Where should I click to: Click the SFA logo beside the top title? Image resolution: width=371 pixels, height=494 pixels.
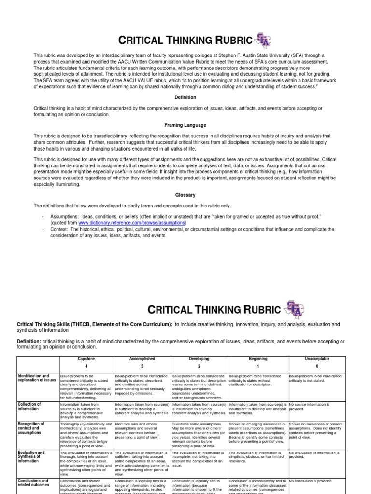(x=264, y=41)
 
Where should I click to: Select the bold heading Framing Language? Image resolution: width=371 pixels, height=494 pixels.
(x=185, y=125)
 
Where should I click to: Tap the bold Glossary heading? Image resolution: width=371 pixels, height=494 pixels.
(x=185, y=195)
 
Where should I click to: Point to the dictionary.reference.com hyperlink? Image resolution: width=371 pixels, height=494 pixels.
(x=132, y=223)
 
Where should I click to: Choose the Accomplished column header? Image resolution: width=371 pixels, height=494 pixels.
(x=142, y=359)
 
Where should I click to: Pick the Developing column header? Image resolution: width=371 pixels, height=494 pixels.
(x=199, y=359)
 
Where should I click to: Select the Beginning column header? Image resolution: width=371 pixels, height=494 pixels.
(x=257, y=359)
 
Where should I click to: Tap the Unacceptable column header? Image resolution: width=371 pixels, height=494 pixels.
(x=317, y=359)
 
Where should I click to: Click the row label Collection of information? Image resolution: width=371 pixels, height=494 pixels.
(x=29, y=406)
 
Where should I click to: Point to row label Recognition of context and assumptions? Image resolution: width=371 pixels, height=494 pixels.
(x=31, y=428)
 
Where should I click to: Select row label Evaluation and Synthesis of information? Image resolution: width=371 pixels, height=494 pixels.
(x=31, y=456)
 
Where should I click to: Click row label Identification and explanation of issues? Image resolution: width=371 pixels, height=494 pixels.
(x=37, y=377)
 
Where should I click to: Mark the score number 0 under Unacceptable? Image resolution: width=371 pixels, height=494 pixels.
(x=317, y=366)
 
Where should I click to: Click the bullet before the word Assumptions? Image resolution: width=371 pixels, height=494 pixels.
(x=43, y=218)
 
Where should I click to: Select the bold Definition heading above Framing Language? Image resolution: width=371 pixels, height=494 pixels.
(x=185, y=97)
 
